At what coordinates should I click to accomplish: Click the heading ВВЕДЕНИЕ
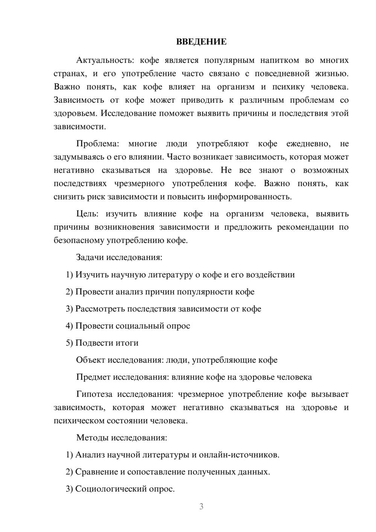pos(201,42)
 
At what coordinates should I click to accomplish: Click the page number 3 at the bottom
pos(201,506)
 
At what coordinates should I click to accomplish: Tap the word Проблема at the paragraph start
pos(97,144)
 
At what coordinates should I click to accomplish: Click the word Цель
pos(87,214)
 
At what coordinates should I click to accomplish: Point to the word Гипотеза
pos(94,394)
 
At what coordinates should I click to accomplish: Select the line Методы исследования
pos(121,438)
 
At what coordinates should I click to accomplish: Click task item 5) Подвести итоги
pos(102,343)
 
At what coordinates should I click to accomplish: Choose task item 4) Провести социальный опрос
pos(128,326)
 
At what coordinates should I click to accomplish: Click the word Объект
pos(90,360)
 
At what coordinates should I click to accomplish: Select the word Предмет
pos(93,377)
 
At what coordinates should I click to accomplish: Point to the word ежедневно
pos(308,144)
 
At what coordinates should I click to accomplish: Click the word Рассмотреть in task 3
pos(100,309)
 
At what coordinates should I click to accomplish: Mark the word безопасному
pos(79,240)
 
